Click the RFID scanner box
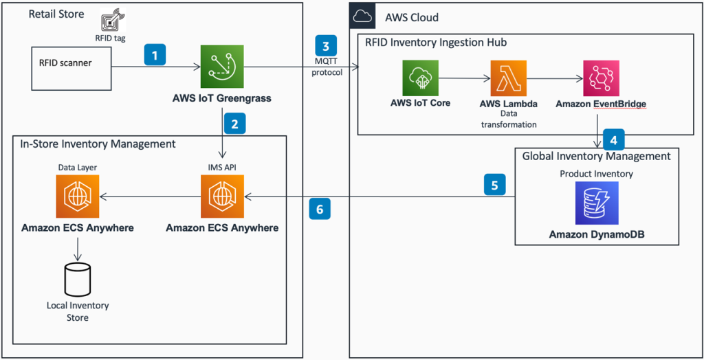click(x=68, y=67)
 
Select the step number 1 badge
click(x=155, y=55)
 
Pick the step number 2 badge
click(x=234, y=124)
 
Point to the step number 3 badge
click(x=327, y=46)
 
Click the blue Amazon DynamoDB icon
click(x=597, y=203)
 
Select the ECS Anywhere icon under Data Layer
click(x=78, y=196)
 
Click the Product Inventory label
click(x=596, y=174)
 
